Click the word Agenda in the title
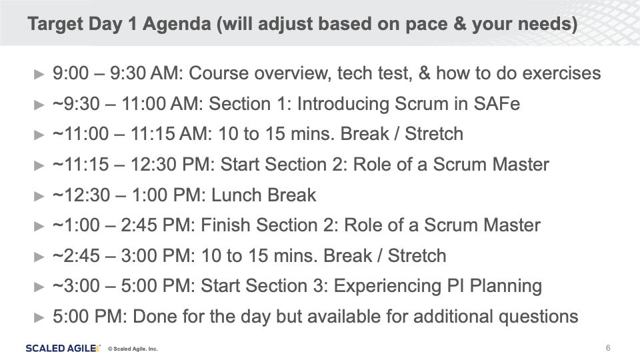(x=176, y=25)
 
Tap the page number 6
(x=608, y=348)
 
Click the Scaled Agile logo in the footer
(x=63, y=348)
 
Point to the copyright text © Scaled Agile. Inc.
(x=133, y=349)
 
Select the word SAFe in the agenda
(x=497, y=104)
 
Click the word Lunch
(x=236, y=195)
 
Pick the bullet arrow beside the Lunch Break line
(x=39, y=196)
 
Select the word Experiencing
(x=387, y=286)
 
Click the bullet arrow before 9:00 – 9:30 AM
(x=39, y=75)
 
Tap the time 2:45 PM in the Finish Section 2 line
(x=158, y=225)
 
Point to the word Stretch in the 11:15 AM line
(x=434, y=134)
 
